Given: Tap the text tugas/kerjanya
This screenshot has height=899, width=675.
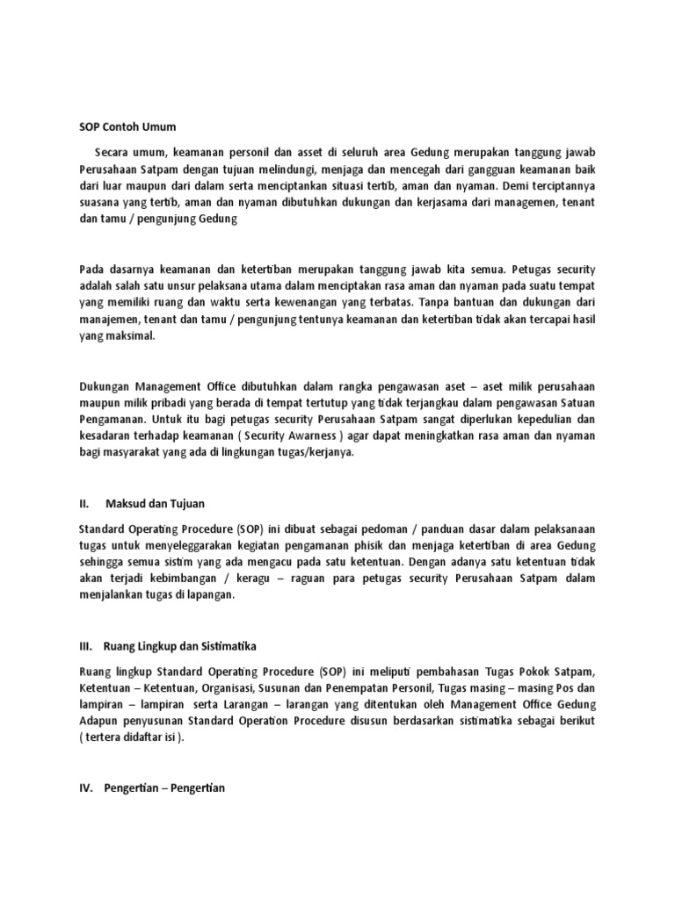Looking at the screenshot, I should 313,453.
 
